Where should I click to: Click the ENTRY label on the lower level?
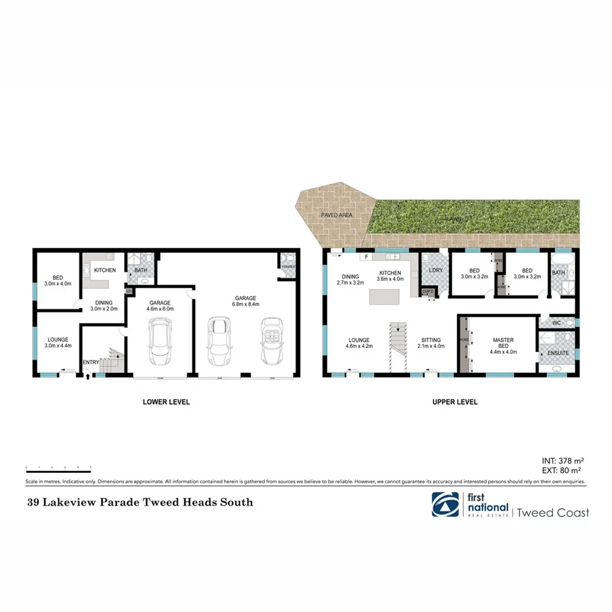[x=90, y=362]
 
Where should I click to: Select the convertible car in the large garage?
[x=271, y=341]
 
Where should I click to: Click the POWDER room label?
[x=287, y=266]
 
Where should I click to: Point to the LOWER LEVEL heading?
[x=166, y=402]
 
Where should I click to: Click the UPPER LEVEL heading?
[x=454, y=402]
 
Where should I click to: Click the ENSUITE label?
[x=557, y=353]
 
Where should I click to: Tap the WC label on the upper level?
[x=556, y=323]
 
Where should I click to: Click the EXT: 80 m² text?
[x=561, y=470]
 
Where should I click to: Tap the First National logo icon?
[x=445, y=505]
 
